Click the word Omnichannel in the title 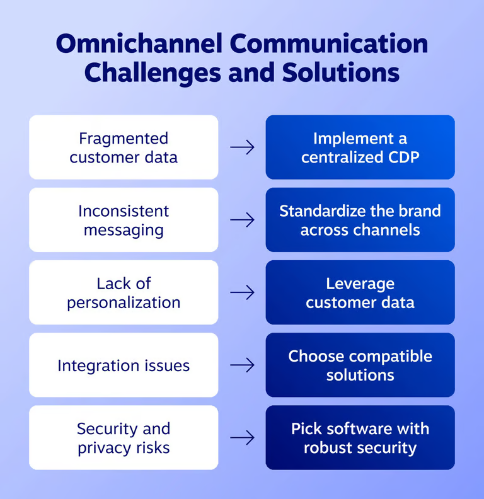(137, 44)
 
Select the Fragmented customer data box (124, 147)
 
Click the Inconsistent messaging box (124, 220)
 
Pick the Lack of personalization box (124, 292)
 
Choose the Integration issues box (124, 365)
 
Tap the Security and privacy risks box (124, 438)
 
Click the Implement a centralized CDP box (360, 147)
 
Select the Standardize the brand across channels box (360, 220)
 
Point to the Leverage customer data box (360, 292)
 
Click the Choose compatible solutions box (360, 365)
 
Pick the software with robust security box (360, 438)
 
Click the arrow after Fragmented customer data (242, 147)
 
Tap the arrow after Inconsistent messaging (242, 220)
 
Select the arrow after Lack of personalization (242, 292)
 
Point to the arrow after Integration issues (242, 365)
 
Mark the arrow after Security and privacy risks (242, 437)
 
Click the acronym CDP (401, 157)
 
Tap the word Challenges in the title (151, 72)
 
